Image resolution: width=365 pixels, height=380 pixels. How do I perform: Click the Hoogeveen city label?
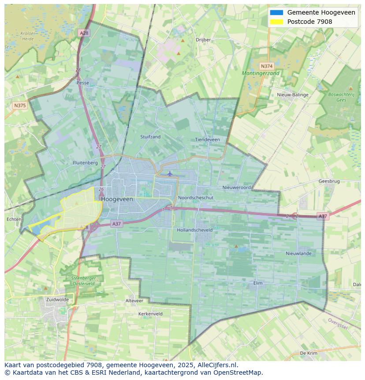pyautogui.click(x=117, y=199)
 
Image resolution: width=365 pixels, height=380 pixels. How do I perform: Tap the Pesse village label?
pyautogui.click(x=82, y=83)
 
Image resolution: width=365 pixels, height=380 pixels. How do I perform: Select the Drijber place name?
pyautogui.click(x=203, y=40)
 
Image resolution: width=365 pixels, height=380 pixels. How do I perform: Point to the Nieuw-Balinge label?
pyautogui.click(x=293, y=95)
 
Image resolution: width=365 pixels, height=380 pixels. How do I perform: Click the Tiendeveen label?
pyautogui.click(x=207, y=139)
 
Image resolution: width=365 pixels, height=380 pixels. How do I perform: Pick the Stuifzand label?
pyautogui.click(x=150, y=137)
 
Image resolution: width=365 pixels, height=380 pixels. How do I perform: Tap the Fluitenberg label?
pyautogui.click(x=85, y=163)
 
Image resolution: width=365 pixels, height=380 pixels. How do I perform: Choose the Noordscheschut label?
pyautogui.click(x=196, y=198)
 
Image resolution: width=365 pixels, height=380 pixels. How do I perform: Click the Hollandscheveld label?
pyautogui.click(x=194, y=230)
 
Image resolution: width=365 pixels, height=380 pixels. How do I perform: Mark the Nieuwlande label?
pyautogui.click(x=298, y=253)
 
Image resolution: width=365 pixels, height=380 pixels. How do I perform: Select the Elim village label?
pyautogui.click(x=258, y=283)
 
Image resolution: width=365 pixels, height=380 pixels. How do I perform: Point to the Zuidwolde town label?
pyautogui.click(x=57, y=299)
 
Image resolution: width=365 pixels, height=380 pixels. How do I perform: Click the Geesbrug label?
pyautogui.click(x=329, y=181)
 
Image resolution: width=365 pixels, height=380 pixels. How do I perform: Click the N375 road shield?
pyautogui.click(x=20, y=105)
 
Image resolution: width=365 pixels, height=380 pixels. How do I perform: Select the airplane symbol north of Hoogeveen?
pyautogui.click(x=170, y=173)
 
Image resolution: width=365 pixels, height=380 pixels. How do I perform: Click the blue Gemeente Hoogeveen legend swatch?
pyautogui.click(x=276, y=12)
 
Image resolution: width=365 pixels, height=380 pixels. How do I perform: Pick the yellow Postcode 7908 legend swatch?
pyautogui.click(x=276, y=22)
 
